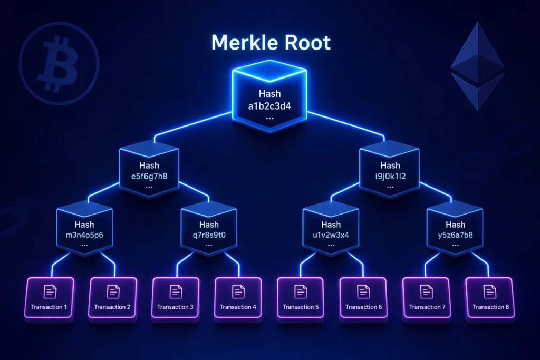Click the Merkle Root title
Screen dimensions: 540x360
(x=271, y=42)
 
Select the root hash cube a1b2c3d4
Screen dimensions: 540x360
(x=269, y=96)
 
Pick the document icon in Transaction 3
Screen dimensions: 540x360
(x=176, y=292)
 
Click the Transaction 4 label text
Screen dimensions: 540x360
(x=238, y=307)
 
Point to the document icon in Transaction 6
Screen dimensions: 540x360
(x=363, y=292)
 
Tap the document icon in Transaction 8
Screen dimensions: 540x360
(x=490, y=292)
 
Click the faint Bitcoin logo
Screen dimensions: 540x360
(x=59, y=64)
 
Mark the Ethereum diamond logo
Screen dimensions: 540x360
(x=478, y=66)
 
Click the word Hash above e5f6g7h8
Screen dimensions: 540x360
(x=149, y=166)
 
